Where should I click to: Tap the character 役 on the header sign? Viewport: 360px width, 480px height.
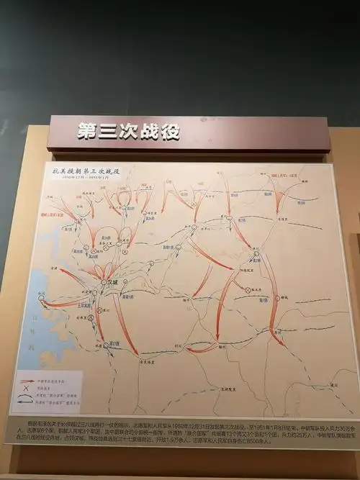click(x=170, y=132)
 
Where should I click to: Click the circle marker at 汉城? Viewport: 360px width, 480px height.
click(x=105, y=283)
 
